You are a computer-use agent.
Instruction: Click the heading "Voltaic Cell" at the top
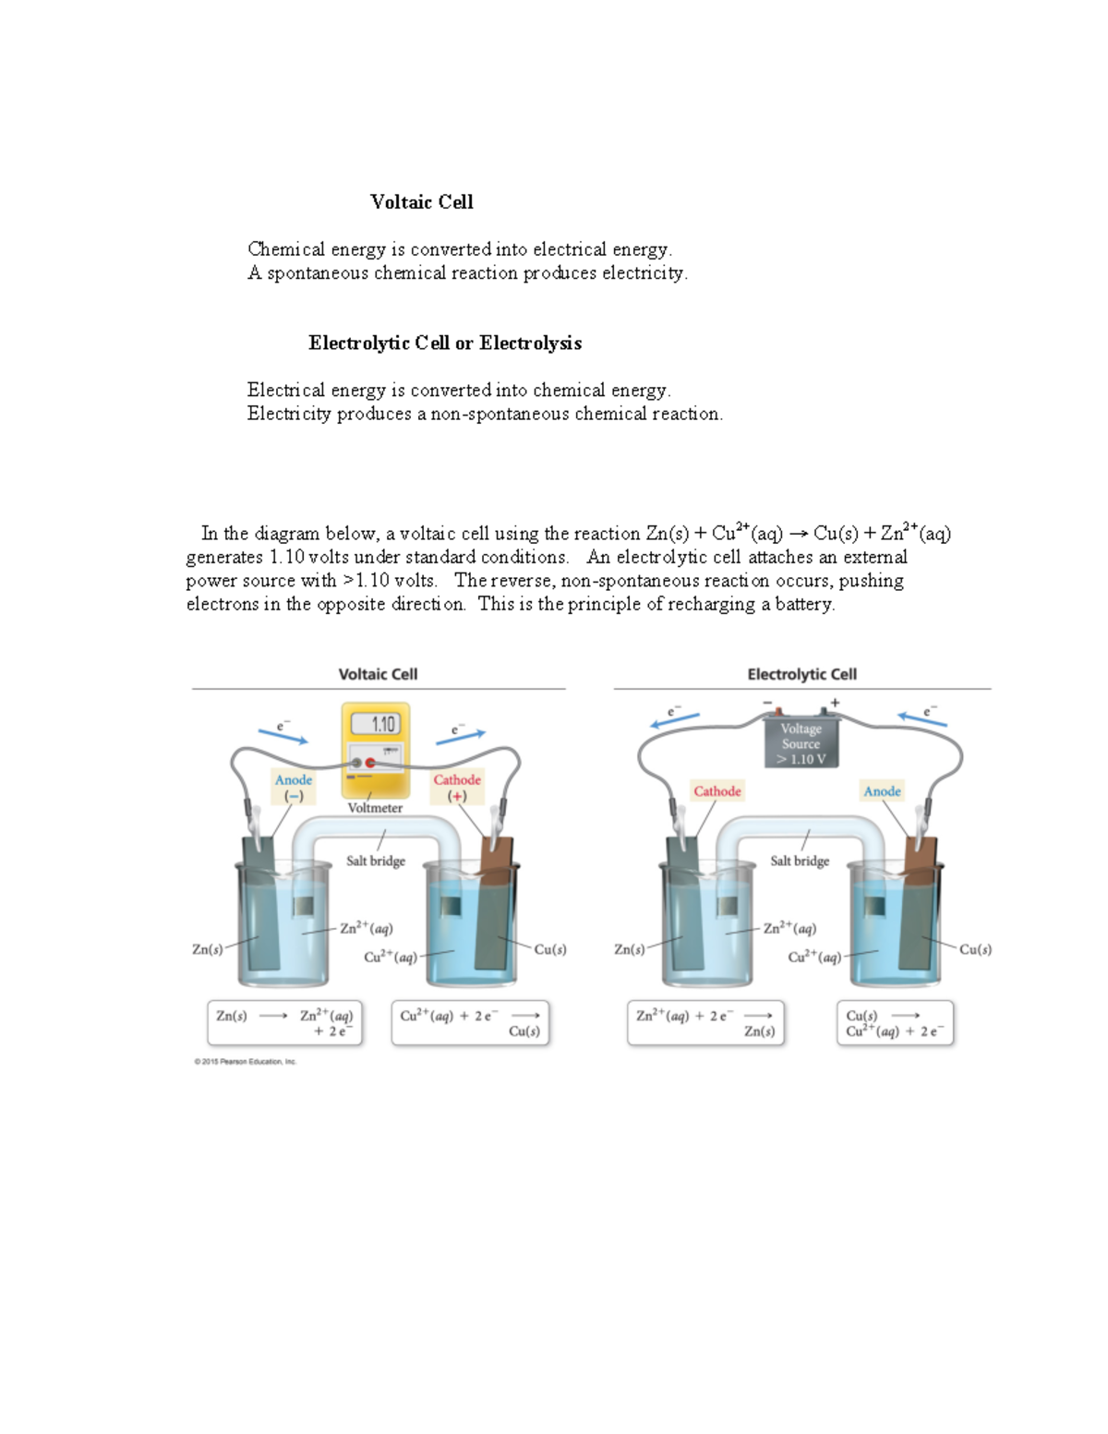tap(421, 202)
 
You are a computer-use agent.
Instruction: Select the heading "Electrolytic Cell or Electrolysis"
tap(444, 343)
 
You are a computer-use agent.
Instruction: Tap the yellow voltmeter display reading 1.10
tap(376, 725)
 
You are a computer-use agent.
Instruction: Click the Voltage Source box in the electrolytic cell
tap(801, 743)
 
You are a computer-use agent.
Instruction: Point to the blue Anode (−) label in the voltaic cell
tap(294, 787)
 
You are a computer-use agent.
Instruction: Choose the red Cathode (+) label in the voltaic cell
tap(457, 787)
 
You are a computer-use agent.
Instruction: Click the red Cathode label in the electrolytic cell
tap(717, 791)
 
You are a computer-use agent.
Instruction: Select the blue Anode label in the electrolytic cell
tap(882, 791)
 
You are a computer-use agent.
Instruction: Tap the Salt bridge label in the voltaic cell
tap(376, 861)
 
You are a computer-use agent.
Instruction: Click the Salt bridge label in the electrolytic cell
tap(800, 861)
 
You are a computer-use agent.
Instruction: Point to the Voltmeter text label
tap(375, 808)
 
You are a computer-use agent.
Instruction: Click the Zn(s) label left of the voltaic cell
tap(207, 949)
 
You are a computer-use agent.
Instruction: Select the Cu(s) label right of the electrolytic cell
tap(975, 949)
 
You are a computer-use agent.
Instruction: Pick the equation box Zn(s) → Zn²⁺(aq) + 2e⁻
tap(284, 1023)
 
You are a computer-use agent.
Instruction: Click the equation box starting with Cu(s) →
tap(895, 1023)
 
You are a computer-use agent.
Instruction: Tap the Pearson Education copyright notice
tap(246, 1062)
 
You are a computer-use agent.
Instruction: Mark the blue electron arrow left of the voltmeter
tap(283, 736)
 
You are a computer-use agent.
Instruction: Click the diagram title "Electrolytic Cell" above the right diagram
tap(801, 675)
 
